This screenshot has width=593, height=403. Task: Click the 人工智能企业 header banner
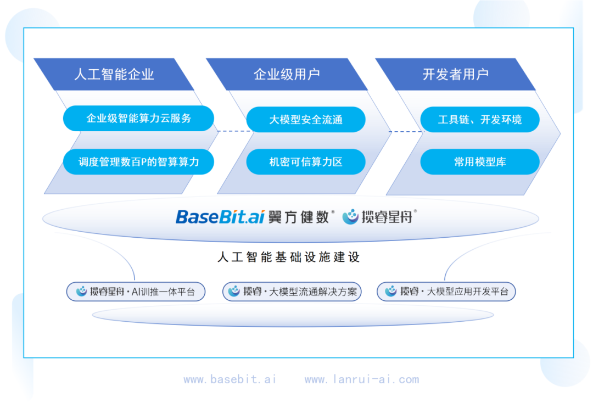click(x=114, y=74)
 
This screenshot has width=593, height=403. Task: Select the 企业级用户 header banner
click(x=287, y=74)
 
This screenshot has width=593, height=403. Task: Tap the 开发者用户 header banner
click(x=455, y=74)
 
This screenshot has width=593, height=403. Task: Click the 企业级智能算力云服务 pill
click(x=138, y=119)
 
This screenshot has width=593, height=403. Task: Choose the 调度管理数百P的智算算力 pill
click(x=138, y=162)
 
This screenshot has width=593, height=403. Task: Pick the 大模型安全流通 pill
click(x=306, y=120)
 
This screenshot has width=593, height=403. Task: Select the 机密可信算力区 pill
click(x=306, y=162)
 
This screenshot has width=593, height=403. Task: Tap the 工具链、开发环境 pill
click(x=479, y=120)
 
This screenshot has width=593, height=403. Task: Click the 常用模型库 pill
click(x=479, y=162)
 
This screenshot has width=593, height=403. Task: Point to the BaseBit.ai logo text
click(x=220, y=217)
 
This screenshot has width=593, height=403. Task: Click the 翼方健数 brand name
click(x=298, y=217)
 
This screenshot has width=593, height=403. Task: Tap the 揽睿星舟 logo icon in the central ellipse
click(x=350, y=217)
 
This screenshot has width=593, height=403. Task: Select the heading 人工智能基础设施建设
click(x=288, y=257)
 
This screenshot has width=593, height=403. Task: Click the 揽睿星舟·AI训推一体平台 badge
click(x=136, y=292)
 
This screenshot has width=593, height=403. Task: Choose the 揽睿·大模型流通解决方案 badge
click(x=292, y=292)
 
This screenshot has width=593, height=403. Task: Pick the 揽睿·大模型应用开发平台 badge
click(x=446, y=292)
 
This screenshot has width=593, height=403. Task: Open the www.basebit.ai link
click(x=230, y=379)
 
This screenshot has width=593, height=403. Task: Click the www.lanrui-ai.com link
click(x=362, y=379)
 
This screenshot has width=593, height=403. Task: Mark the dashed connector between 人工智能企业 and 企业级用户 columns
click(x=235, y=131)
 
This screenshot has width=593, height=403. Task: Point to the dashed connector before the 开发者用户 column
click(x=407, y=132)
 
